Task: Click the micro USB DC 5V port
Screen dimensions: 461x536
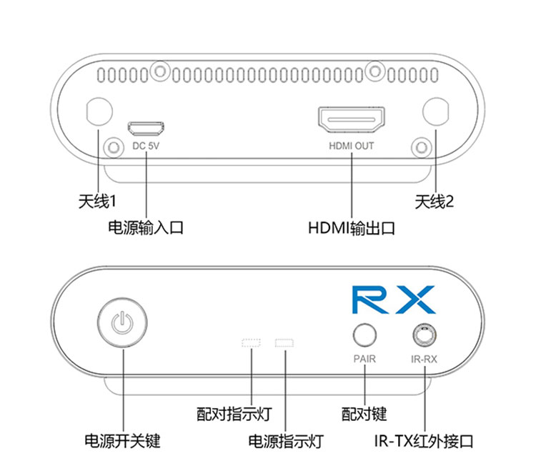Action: click(145, 129)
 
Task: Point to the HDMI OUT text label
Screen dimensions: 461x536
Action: click(351, 147)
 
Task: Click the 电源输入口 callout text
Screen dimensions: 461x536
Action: click(146, 228)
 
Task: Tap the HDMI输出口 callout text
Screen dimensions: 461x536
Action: click(351, 228)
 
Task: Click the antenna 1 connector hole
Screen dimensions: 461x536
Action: click(99, 112)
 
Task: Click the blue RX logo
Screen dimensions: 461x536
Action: click(394, 299)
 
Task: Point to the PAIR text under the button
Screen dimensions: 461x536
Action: click(364, 359)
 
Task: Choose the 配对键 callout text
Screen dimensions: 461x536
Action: click(364, 413)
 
